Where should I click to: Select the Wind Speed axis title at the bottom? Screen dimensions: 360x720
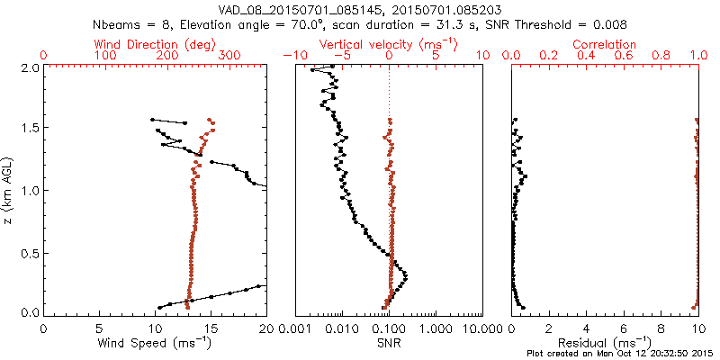tap(155, 343)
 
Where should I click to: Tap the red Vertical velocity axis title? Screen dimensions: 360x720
tap(389, 44)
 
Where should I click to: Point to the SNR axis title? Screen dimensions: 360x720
tap(389, 343)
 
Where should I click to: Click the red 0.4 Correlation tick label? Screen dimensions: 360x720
tap(587, 56)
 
